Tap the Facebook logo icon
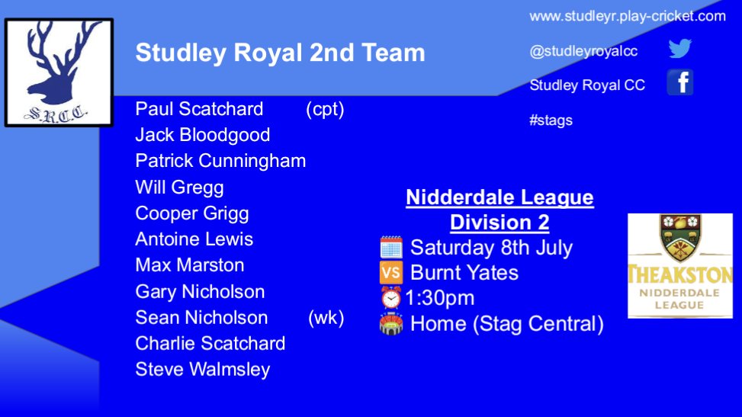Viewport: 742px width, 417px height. point(679,82)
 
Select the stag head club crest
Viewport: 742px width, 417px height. point(59,73)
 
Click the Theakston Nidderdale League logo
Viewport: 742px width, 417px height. point(679,265)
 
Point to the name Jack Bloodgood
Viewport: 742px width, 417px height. point(203,135)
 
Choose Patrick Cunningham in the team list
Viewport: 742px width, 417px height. point(220,161)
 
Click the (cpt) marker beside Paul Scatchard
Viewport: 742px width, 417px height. point(325,109)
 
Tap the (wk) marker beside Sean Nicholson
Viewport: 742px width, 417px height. point(326,317)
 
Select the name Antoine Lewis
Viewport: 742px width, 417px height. point(194,239)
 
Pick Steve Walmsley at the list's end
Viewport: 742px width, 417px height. point(203,370)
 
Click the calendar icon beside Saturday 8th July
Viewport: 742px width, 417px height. point(391,248)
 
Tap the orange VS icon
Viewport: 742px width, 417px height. point(391,272)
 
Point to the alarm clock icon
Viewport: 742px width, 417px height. point(391,297)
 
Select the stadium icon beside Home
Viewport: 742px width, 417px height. point(391,323)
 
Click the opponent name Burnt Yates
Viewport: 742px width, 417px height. point(464,272)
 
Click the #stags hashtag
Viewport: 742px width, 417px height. point(551,120)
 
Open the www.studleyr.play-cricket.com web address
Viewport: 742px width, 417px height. point(628,16)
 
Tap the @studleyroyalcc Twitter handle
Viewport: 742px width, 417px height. point(583,51)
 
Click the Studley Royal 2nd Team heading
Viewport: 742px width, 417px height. point(280,53)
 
